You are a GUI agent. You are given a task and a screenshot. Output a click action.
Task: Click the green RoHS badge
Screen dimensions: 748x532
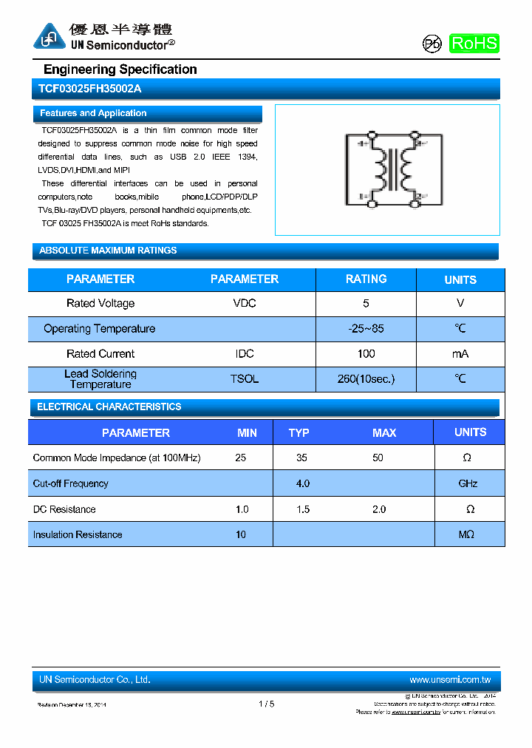click(474, 44)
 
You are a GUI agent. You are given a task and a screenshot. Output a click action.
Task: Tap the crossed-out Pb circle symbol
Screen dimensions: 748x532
click(432, 44)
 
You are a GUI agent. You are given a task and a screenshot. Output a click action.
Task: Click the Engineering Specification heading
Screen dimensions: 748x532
click(120, 69)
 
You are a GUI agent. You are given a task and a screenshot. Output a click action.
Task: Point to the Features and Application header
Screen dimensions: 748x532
click(93, 113)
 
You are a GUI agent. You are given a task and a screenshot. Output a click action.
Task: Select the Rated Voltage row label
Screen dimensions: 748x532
click(100, 303)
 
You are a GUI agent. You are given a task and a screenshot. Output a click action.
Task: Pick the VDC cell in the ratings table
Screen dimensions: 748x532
click(245, 303)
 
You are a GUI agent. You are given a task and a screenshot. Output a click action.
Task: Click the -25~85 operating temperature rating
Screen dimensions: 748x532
click(366, 328)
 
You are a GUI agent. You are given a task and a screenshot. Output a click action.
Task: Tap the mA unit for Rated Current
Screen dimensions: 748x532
click(460, 354)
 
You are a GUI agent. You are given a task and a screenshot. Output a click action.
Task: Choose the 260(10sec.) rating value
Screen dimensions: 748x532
click(366, 379)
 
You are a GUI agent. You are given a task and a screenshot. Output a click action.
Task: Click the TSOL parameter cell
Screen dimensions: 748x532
click(245, 379)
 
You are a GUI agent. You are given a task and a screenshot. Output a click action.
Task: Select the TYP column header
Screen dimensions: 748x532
click(299, 433)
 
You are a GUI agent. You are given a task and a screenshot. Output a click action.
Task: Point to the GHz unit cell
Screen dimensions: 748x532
click(468, 483)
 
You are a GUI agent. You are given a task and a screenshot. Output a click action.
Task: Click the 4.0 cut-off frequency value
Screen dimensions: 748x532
click(302, 483)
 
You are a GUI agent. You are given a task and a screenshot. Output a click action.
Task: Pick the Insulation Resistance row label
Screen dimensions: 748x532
click(78, 534)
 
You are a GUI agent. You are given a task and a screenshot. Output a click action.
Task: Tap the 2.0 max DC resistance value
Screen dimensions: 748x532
click(379, 509)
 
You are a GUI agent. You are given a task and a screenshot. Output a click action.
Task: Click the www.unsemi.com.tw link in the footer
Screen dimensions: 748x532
click(450, 679)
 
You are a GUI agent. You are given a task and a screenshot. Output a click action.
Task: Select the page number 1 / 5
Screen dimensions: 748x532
click(267, 704)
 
